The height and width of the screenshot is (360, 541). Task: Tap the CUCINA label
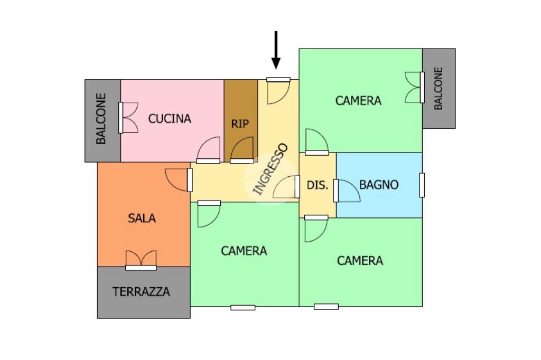(169, 119)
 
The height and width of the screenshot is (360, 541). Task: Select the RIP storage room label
(240, 124)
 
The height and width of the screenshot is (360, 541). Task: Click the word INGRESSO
(270, 169)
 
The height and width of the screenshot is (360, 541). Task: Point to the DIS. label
(318, 185)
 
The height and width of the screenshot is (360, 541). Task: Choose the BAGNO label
(379, 185)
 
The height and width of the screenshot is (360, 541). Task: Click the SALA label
(142, 217)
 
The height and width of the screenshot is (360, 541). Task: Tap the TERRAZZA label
(141, 291)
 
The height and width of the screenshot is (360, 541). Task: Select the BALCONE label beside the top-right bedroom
(438, 88)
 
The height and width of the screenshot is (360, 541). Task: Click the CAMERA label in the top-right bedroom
(358, 100)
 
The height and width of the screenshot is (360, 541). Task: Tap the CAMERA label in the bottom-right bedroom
(360, 260)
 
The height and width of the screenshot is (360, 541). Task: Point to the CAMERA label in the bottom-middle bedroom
(244, 251)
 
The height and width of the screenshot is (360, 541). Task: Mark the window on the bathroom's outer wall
(422, 185)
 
